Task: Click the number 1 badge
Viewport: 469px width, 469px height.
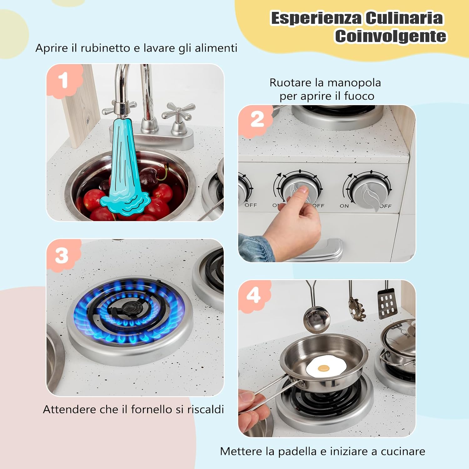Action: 64,80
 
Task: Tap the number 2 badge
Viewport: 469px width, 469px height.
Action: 257,120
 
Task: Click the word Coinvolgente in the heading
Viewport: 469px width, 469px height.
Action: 391,36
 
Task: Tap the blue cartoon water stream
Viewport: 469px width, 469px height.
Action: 125,166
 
